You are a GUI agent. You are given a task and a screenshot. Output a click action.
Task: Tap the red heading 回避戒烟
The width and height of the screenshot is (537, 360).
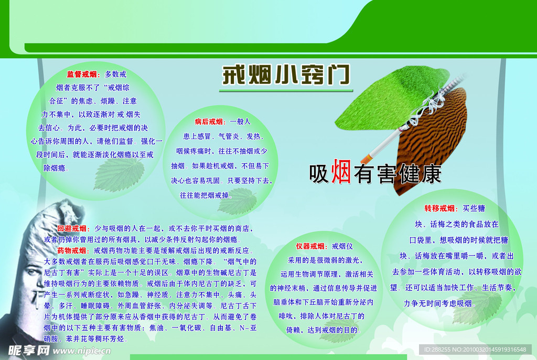point(72,228)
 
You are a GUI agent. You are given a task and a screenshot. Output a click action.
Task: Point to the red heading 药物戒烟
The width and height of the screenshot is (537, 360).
point(72,250)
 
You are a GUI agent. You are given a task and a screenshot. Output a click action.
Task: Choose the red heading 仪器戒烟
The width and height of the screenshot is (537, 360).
point(310,246)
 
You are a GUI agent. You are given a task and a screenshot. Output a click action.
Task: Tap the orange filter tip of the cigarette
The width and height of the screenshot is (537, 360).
point(368,156)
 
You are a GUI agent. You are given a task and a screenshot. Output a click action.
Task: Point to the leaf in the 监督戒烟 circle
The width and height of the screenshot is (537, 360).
point(119,173)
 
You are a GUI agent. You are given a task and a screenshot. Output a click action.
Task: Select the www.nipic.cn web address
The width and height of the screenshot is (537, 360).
point(73,351)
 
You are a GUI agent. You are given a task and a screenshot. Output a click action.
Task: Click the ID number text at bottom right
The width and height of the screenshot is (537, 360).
point(475,350)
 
